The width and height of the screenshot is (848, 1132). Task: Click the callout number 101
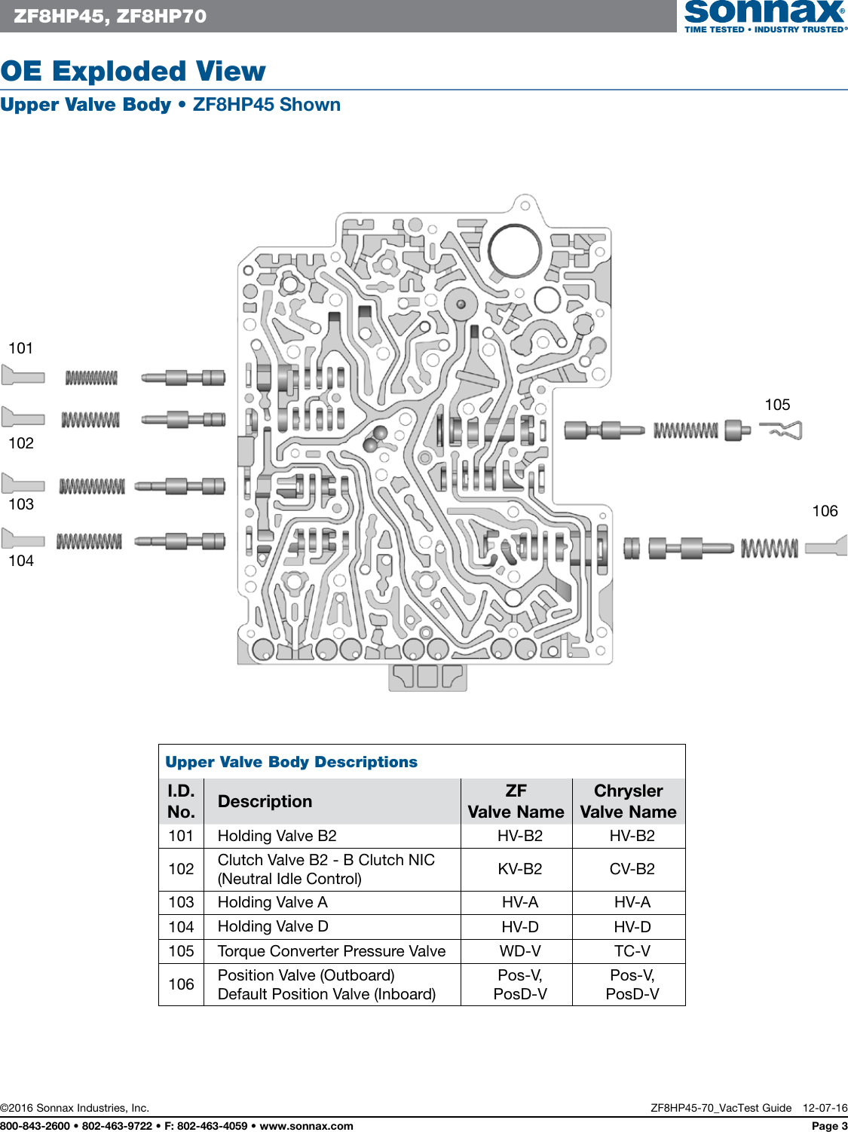21,348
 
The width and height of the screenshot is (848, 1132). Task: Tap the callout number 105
777,405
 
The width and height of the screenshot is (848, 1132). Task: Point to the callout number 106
825,511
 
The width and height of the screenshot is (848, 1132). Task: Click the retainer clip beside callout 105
782,430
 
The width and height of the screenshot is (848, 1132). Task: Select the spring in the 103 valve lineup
92,487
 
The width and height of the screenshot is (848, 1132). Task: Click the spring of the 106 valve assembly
769,548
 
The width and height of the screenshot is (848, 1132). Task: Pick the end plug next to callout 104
23,539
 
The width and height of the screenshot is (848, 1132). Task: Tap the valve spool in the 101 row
184,378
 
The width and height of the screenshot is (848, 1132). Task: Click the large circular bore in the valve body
514,251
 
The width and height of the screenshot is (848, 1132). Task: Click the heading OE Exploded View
133,71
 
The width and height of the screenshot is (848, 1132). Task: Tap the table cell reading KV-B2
519,869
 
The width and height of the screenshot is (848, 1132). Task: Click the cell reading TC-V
632,951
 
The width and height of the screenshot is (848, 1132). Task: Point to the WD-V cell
519,951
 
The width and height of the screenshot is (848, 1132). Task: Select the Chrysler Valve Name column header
628,801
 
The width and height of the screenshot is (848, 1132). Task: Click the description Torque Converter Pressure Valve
332,951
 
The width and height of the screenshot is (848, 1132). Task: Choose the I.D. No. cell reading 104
181,927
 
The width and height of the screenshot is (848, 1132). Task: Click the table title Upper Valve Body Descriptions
291,762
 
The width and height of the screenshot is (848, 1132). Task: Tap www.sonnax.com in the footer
306,1126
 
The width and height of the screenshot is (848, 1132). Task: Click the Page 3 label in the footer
829,1126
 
